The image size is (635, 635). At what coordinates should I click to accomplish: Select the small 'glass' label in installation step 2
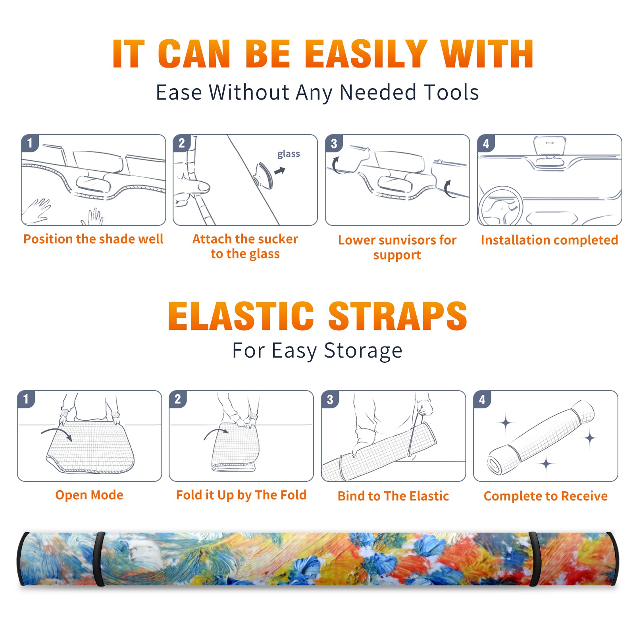pos(289,154)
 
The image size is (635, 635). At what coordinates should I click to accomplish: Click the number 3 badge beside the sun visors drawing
pos(334,143)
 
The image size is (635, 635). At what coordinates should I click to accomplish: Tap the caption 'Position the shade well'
pos(93,239)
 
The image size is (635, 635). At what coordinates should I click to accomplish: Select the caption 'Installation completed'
pos(549,240)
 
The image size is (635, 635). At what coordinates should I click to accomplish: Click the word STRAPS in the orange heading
pos(398,316)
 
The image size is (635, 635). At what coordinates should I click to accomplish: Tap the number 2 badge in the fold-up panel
pos(178,399)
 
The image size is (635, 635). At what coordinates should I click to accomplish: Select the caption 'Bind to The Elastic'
pos(393,496)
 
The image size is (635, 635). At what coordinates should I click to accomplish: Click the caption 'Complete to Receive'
pos(546,496)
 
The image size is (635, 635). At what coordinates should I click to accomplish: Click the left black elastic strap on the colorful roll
pos(99,559)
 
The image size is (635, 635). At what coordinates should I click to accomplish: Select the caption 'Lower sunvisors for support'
pos(397,247)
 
